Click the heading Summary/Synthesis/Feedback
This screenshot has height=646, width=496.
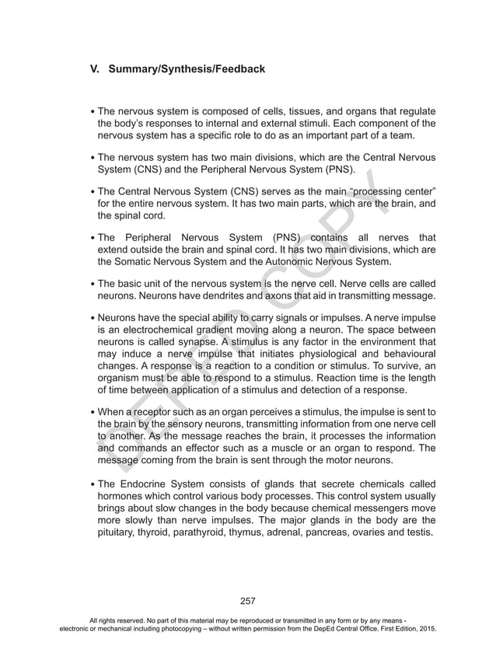tap(187, 69)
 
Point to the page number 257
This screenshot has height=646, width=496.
tap(248, 600)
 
